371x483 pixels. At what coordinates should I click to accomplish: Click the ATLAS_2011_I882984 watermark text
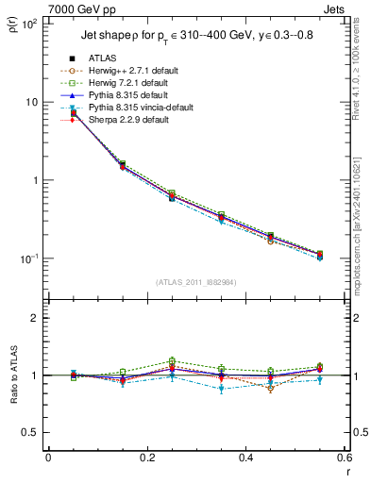pyautogui.click(x=195, y=282)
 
